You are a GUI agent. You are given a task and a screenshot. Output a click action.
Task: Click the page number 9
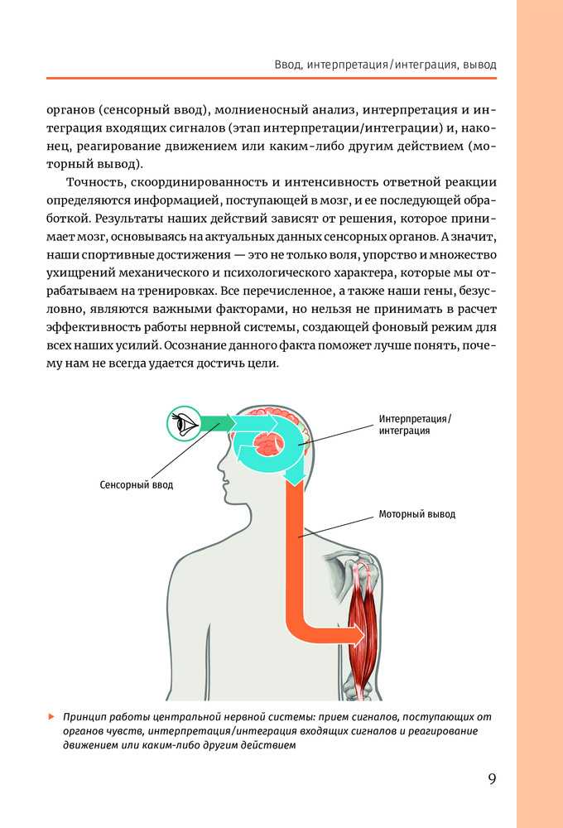(492, 780)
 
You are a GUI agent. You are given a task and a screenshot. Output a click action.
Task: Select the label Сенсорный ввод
(137, 484)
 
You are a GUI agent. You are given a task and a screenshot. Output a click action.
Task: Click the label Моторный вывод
(417, 514)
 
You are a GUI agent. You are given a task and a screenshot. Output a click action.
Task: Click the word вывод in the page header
(478, 63)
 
